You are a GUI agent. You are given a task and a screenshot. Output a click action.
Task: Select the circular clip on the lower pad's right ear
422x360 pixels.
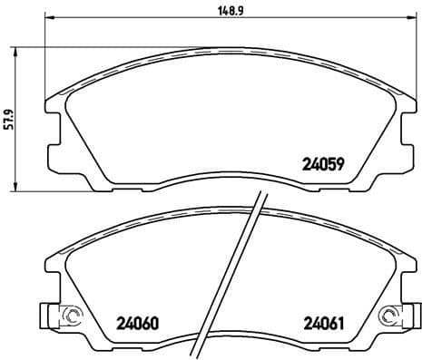pos(391,316)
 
